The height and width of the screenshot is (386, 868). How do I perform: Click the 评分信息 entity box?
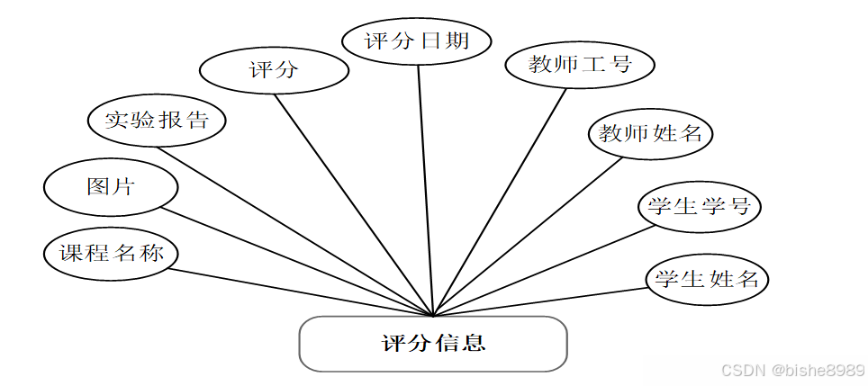[433, 343]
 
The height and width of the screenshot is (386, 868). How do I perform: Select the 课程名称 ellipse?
[111, 253]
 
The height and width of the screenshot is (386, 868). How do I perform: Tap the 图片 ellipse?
[111, 186]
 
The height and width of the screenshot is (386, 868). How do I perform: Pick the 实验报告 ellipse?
[157, 120]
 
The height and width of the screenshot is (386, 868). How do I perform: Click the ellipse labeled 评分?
[273, 70]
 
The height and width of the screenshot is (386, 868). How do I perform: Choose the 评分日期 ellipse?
[418, 40]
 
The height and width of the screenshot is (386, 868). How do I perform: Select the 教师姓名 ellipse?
[650, 134]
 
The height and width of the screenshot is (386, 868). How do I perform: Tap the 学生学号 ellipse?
[699, 206]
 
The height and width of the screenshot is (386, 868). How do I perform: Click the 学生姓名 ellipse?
[707, 279]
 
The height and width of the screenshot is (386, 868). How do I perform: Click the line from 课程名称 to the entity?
[297, 292]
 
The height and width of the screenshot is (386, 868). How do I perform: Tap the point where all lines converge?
[434, 316]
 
